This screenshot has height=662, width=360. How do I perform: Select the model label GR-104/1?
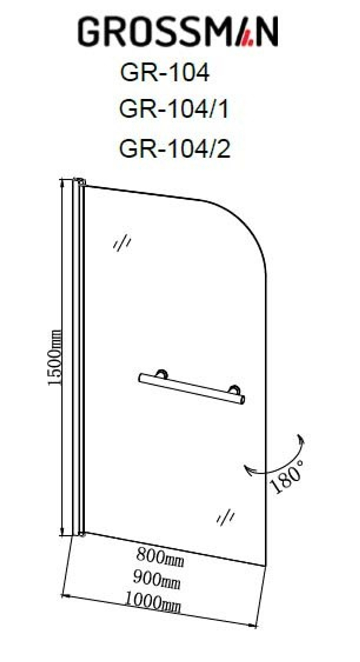click(x=174, y=109)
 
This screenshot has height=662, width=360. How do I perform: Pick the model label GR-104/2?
click(x=175, y=148)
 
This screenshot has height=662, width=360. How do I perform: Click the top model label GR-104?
click(x=165, y=72)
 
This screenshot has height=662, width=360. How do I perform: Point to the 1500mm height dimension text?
click(x=55, y=357)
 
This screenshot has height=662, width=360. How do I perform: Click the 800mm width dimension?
click(x=160, y=557)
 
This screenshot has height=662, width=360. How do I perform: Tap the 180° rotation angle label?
click(x=287, y=476)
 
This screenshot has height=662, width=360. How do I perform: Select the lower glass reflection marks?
click(x=225, y=517)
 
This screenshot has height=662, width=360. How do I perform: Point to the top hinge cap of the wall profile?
click(x=80, y=181)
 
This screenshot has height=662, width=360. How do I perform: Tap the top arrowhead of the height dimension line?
click(x=63, y=183)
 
